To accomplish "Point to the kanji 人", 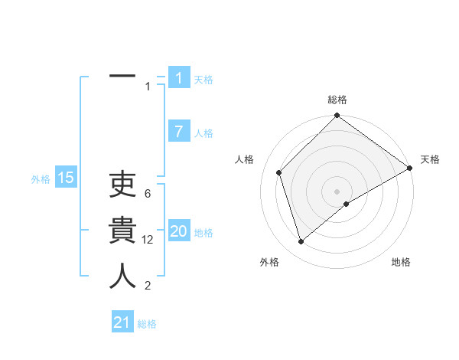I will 122,276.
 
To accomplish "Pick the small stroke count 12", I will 148,240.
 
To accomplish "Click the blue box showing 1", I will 178,78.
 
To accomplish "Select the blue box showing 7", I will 178,132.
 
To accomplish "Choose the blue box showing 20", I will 178,231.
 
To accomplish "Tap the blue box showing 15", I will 65,178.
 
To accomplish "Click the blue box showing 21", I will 122,322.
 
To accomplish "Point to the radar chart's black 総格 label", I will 337,100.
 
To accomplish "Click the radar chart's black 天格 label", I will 430,159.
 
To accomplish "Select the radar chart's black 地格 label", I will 401,262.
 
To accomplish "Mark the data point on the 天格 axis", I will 410,168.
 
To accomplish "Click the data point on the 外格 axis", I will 301,242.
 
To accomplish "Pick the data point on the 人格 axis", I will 279,172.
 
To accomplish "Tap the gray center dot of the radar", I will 337,191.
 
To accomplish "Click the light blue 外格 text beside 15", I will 41,179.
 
